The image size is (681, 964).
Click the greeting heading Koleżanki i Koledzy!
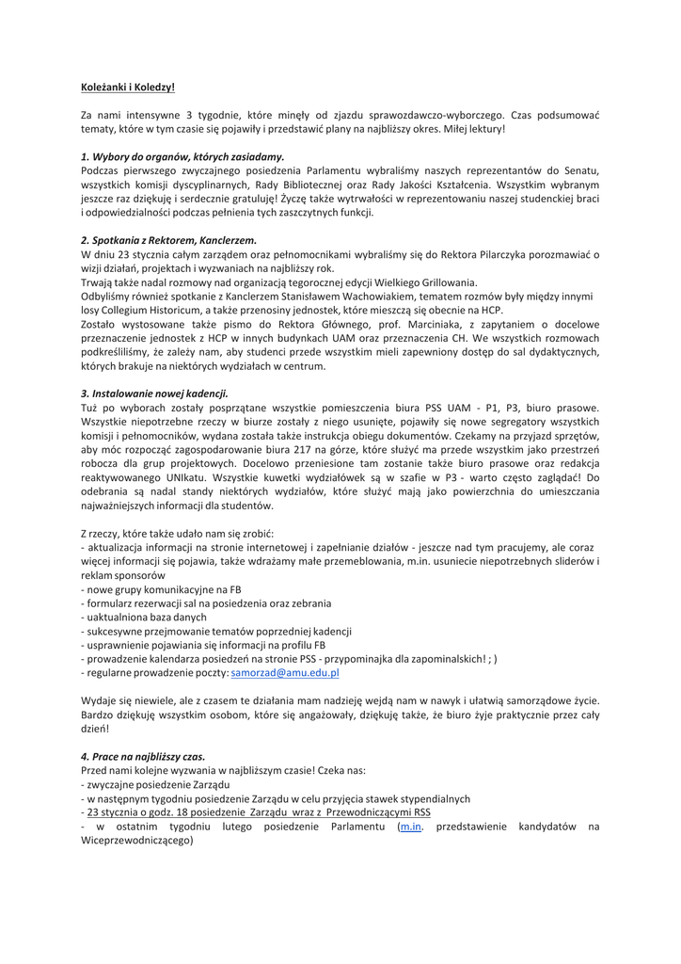(x=128, y=88)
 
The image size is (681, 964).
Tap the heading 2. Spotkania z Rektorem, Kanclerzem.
(x=168, y=240)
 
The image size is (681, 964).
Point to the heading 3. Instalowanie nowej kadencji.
(x=154, y=394)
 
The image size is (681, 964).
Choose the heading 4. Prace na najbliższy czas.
(x=143, y=756)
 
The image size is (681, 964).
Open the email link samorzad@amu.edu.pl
(x=285, y=673)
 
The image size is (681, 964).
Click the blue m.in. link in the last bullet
(x=411, y=827)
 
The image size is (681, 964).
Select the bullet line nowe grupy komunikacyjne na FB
(x=162, y=589)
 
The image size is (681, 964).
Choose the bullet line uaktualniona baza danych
(x=149, y=618)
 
